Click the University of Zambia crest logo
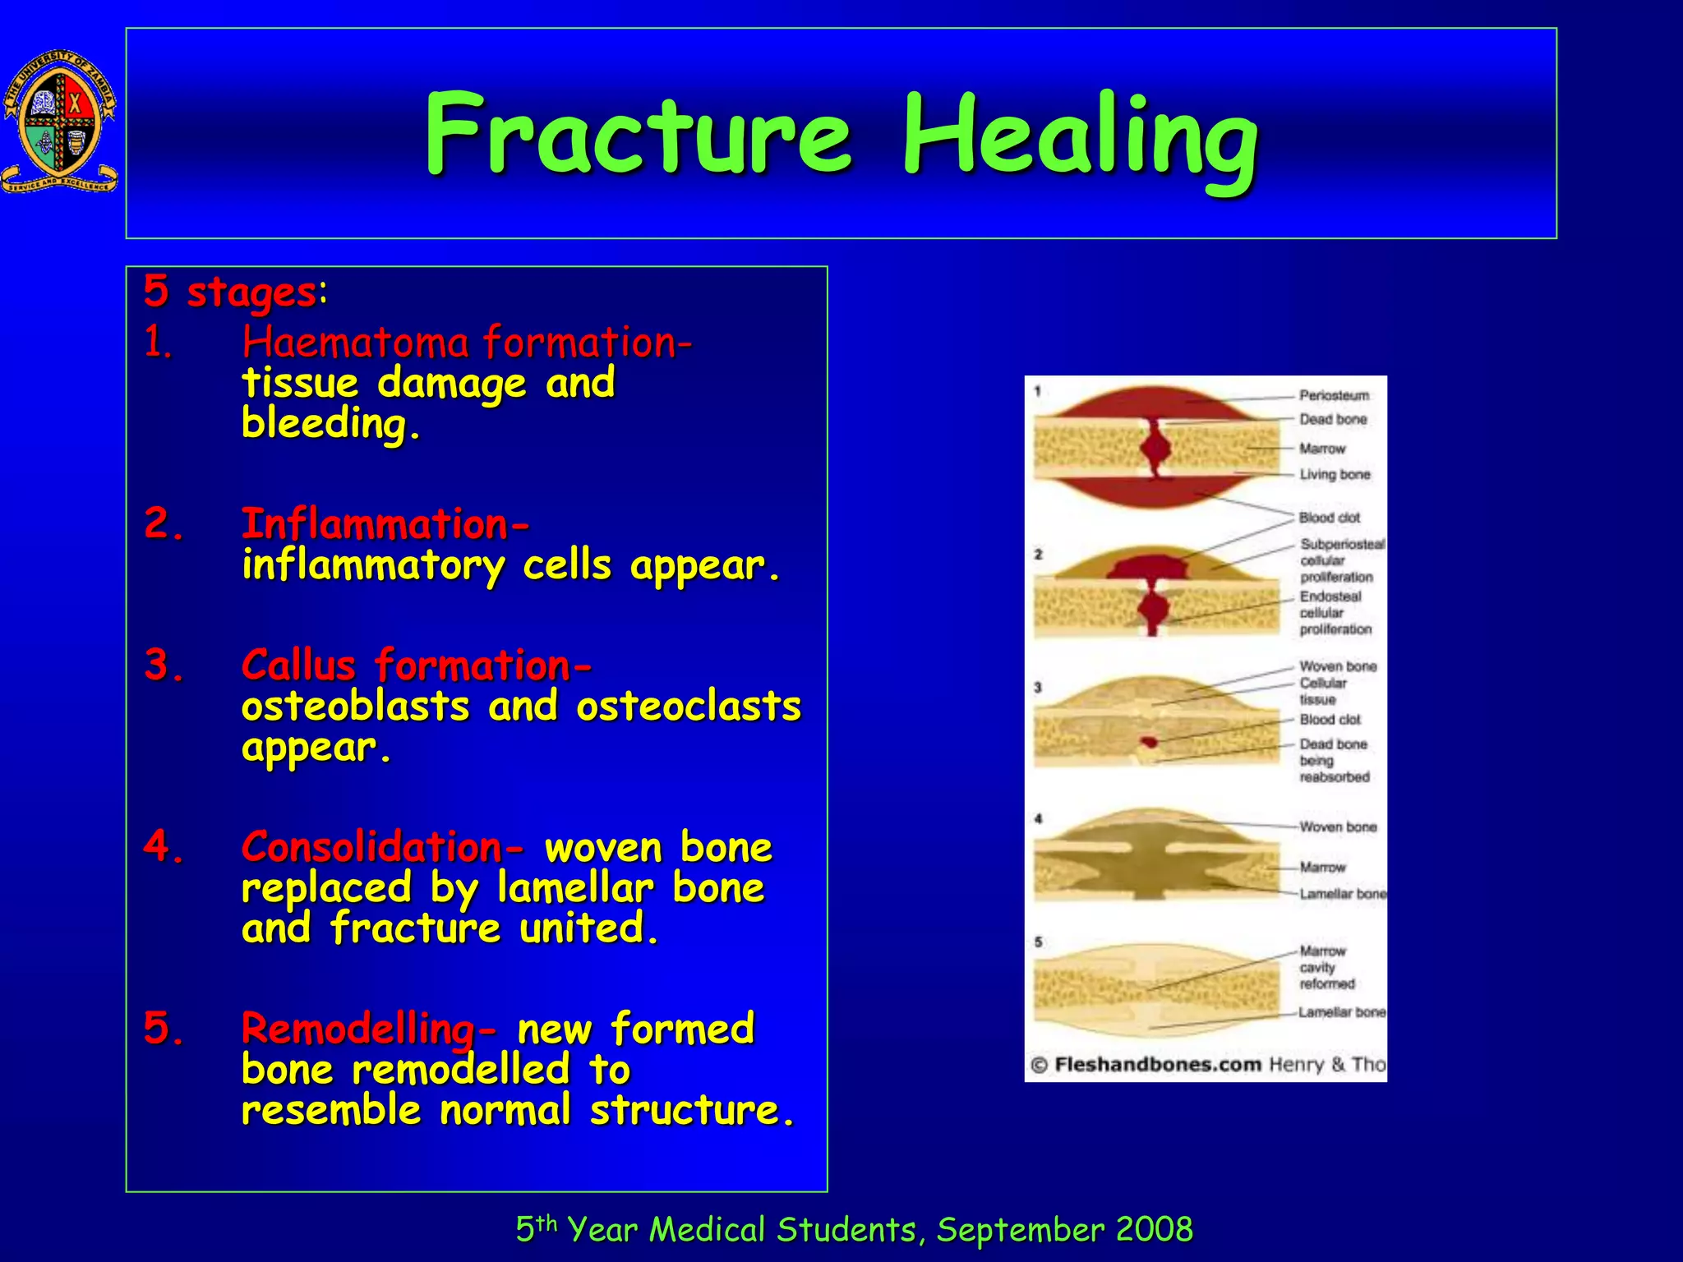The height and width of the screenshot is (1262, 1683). [59, 122]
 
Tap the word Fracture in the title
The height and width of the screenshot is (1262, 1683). [638, 136]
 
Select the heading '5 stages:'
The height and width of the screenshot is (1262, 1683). [235, 292]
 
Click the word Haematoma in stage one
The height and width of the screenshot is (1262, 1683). [355, 342]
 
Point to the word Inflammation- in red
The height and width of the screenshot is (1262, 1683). [385, 524]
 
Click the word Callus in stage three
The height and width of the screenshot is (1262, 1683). [298, 665]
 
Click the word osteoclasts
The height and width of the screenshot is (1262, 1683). [688, 707]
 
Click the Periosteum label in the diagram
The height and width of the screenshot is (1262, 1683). [1334, 395]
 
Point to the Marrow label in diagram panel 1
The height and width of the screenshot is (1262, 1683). [1321, 449]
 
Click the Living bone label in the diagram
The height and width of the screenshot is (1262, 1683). [1334, 474]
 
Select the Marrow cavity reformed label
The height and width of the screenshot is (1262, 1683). [1326, 967]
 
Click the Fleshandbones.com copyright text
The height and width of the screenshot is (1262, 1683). [1157, 1065]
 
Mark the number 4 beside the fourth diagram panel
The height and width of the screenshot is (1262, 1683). [1039, 818]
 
